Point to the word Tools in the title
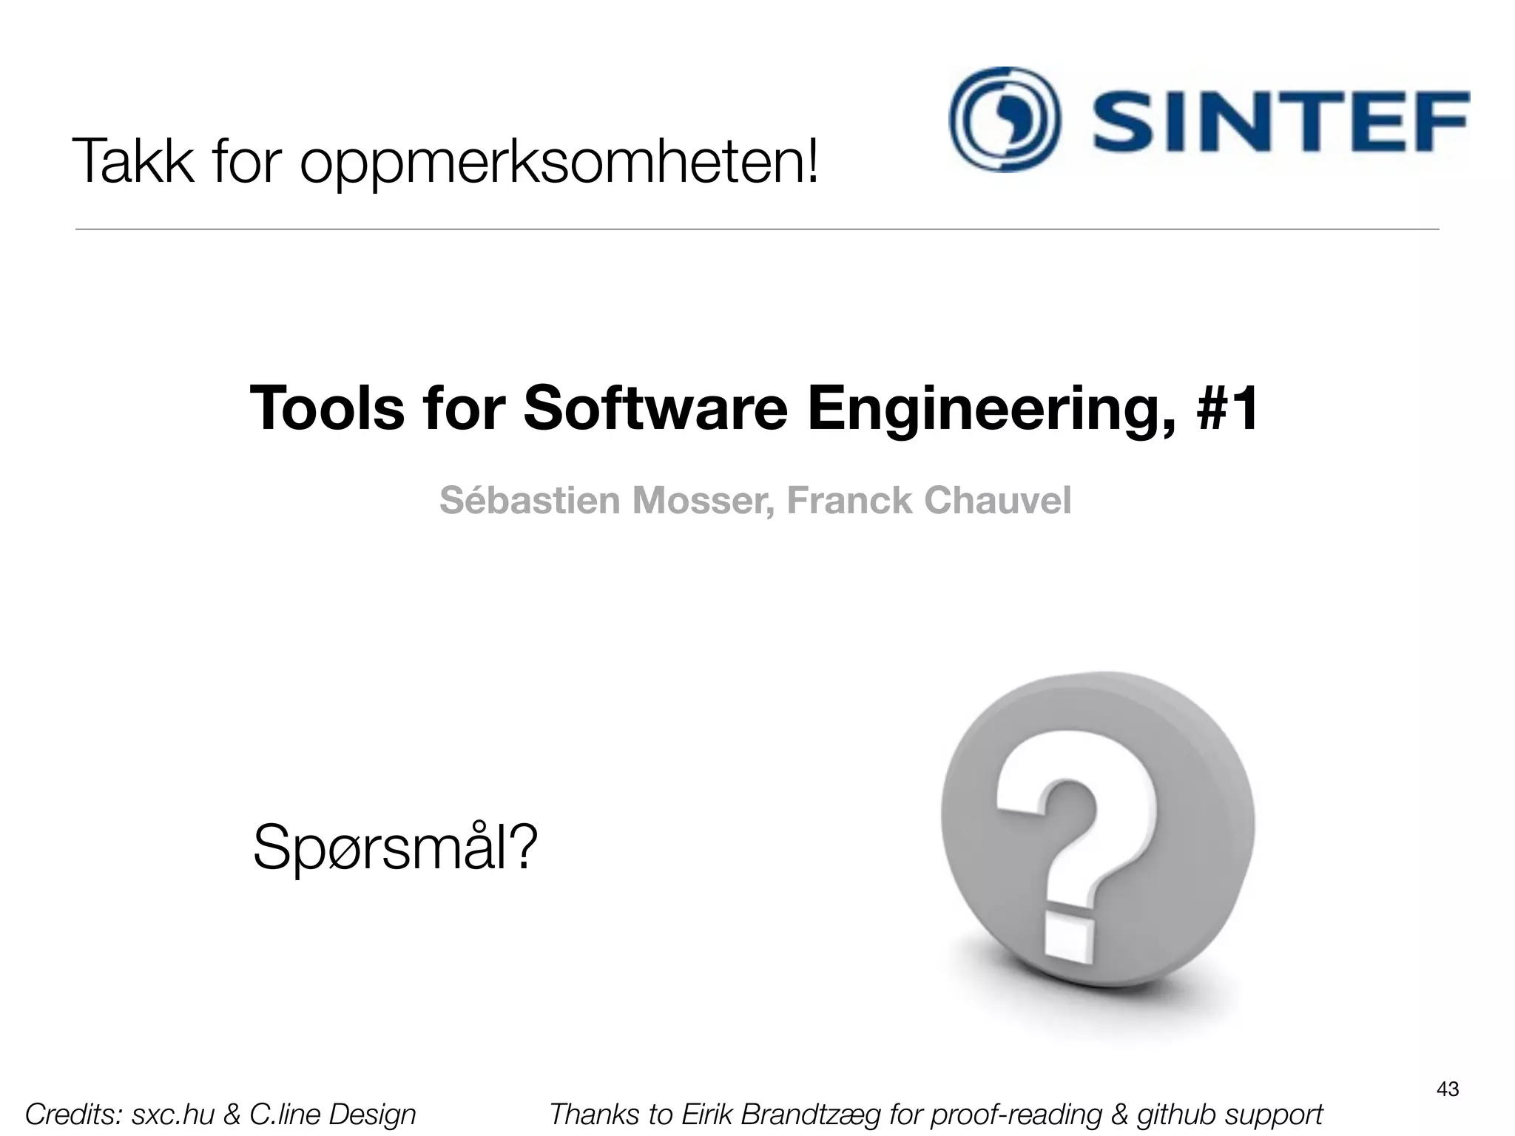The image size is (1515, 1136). tap(327, 408)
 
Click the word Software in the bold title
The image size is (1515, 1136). tap(655, 408)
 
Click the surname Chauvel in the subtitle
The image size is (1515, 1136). tap(996, 500)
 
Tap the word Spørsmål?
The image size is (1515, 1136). tap(394, 848)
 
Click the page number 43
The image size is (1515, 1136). tap(1447, 1089)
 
